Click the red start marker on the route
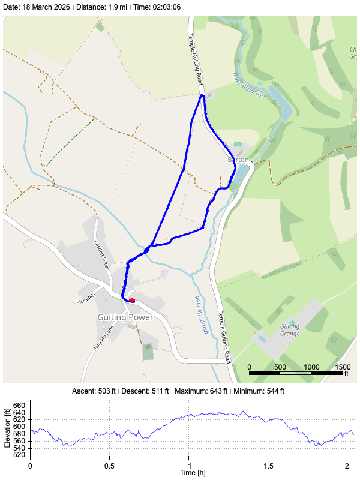tap(132, 300)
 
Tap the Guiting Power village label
tap(125, 317)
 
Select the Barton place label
tap(238, 160)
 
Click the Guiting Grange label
tap(290, 330)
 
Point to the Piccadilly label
tap(86, 301)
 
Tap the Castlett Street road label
tap(101, 254)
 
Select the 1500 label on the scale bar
tap(343, 367)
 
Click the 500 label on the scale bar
tap(280, 367)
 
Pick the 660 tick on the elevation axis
tap(19, 406)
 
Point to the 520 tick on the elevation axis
tap(19, 455)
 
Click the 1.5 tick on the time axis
tap(268, 466)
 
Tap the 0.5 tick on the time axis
tap(109, 466)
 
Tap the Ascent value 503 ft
tap(109, 391)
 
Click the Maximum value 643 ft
tap(212, 391)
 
